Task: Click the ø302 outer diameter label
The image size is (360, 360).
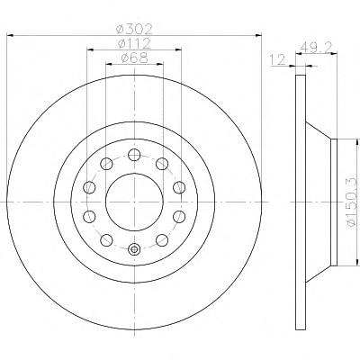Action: tap(134, 29)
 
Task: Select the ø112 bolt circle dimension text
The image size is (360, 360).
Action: tap(134, 44)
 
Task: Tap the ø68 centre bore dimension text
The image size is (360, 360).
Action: tap(134, 58)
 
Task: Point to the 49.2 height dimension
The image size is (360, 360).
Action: tap(315, 47)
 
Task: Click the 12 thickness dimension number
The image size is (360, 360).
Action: tap(278, 60)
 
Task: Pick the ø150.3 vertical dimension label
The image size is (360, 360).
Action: tap(353, 202)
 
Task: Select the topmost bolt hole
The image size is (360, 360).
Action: tap(134, 155)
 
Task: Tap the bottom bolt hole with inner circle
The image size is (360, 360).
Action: tap(134, 249)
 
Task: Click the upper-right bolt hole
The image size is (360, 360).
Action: tap(162, 164)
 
